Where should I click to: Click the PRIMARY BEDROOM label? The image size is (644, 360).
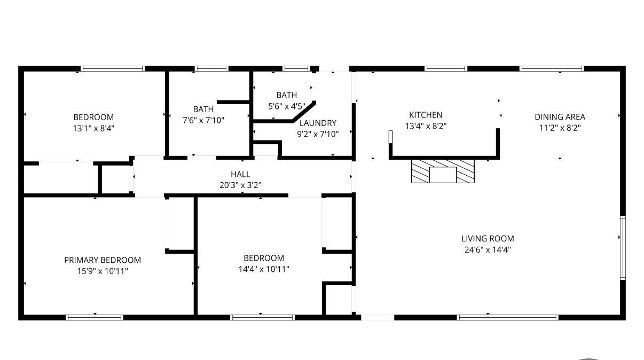[x=103, y=260]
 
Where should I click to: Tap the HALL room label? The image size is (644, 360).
[x=240, y=174]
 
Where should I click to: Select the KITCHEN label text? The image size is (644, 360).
[x=426, y=115]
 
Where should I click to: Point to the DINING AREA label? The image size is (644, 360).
[x=560, y=117]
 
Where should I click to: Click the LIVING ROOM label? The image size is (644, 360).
[x=488, y=238]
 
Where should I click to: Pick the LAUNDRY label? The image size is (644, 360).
[x=318, y=123]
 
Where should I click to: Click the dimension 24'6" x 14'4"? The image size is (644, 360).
[x=488, y=249]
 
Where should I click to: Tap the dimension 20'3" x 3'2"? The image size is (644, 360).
[x=240, y=185]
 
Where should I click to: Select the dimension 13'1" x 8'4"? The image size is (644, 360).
[x=93, y=128]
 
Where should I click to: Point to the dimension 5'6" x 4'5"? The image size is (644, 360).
[x=286, y=106]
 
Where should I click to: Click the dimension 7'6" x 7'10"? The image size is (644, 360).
[x=203, y=120]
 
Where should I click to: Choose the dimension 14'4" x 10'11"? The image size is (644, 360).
[x=264, y=269]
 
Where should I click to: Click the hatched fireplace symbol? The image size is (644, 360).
[x=443, y=171]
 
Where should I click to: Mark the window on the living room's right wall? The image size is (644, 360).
[x=623, y=248]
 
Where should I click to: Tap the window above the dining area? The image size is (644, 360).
[x=552, y=68]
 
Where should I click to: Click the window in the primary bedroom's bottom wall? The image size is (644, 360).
[x=95, y=317]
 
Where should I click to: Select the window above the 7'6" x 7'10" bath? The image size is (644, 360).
[x=211, y=68]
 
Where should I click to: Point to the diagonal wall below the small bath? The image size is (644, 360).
[x=304, y=112]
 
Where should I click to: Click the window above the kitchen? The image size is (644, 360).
[x=446, y=68]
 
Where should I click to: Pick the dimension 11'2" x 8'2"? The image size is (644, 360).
[x=560, y=128]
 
